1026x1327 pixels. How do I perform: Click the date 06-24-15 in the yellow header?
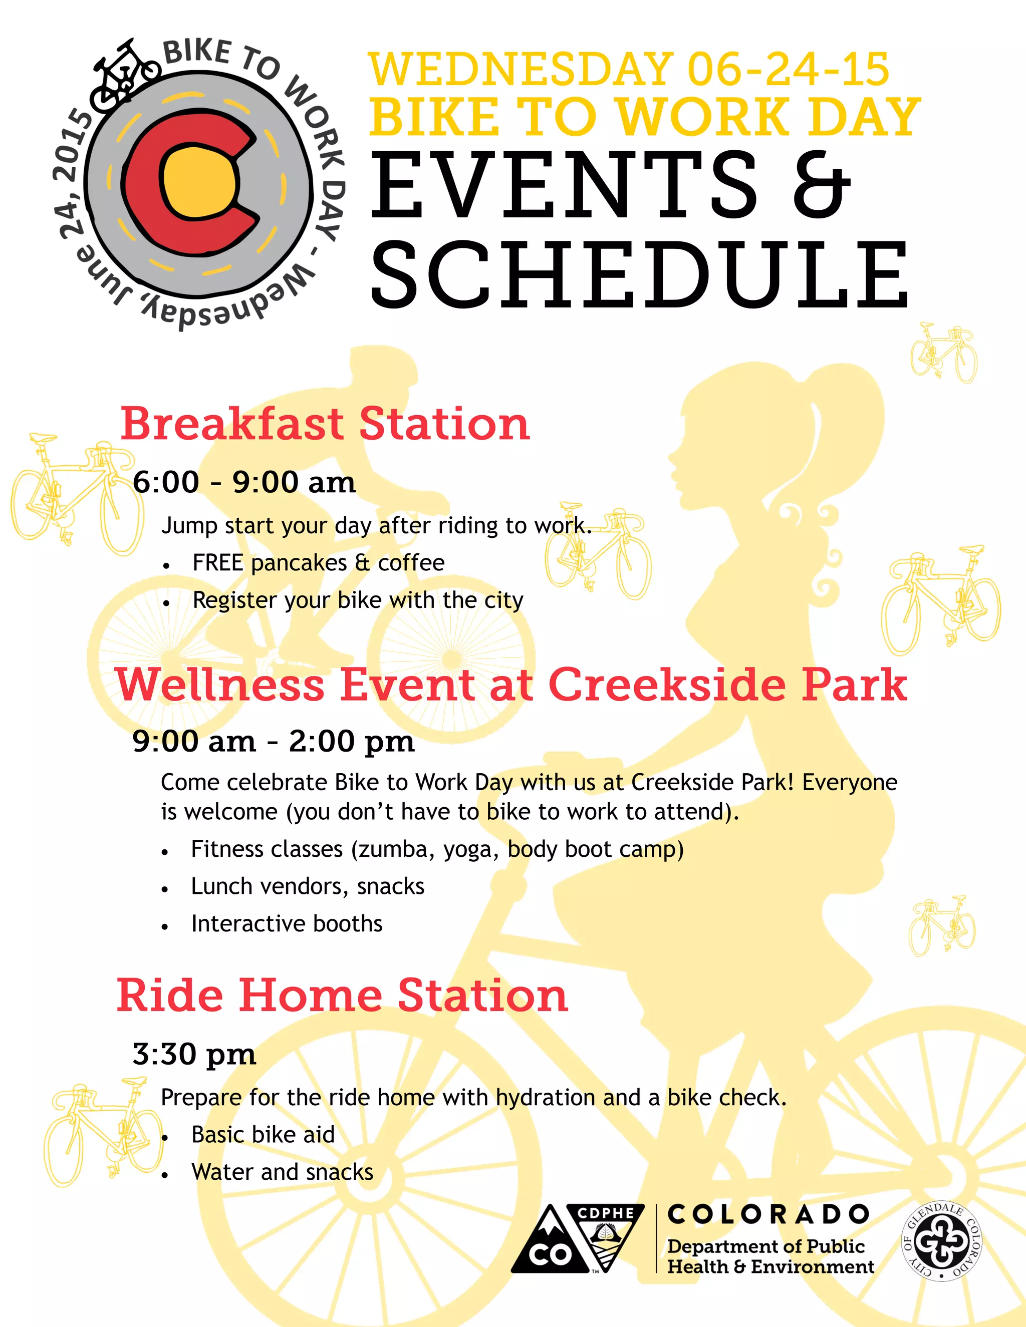789,69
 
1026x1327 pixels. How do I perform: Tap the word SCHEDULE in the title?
639,274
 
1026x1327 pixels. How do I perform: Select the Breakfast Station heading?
325,424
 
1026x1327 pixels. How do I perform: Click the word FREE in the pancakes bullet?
217,563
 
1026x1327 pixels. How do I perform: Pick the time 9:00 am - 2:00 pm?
273,741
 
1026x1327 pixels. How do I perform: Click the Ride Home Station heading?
342,996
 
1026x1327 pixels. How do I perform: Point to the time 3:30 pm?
194,1054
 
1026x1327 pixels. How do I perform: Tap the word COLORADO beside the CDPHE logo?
768,1214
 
